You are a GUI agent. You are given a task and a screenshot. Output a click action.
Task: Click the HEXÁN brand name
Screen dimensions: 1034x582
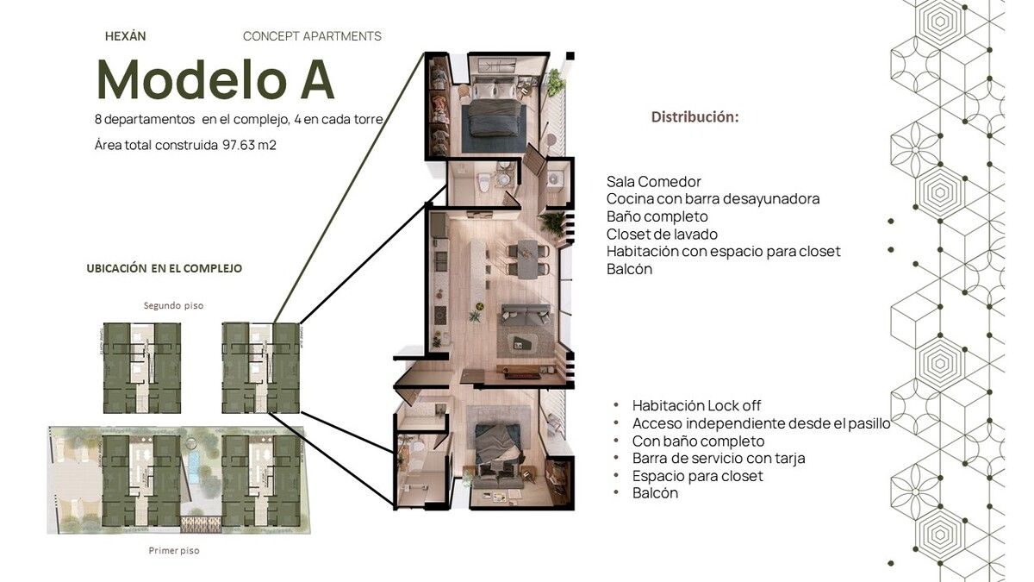point(126,36)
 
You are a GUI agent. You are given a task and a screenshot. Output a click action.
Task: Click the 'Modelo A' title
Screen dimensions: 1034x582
point(215,79)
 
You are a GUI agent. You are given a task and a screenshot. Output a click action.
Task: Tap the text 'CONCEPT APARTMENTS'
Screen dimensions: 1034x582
point(312,36)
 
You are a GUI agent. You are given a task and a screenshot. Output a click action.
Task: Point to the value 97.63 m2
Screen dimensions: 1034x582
point(249,145)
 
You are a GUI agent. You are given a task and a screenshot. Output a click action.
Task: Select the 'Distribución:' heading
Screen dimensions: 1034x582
point(695,117)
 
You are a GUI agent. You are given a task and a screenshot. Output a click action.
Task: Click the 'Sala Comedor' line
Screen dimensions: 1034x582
point(654,182)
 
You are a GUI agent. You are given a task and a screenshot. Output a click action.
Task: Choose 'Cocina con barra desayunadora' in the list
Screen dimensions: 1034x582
point(713,199)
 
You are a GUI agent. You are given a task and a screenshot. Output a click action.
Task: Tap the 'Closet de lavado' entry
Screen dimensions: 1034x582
point(662,235)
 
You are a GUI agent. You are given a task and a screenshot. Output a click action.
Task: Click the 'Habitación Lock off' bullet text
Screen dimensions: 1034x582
point(696,405)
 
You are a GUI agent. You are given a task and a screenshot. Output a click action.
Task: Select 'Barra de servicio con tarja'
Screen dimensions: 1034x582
point(719,458)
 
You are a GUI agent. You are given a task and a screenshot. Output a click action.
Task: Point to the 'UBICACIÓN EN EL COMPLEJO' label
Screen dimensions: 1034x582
point(165,268)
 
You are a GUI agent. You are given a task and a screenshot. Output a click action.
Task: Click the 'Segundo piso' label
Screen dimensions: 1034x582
point(173,305)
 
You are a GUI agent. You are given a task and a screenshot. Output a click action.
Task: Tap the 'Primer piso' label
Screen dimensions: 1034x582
point(174,551)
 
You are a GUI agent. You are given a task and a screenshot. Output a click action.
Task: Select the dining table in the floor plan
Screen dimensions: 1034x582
point(527,260)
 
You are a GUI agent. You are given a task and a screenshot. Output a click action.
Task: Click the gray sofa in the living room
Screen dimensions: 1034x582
point(526,315)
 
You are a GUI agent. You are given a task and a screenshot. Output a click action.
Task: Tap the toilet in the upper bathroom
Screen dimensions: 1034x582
point(484,182)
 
